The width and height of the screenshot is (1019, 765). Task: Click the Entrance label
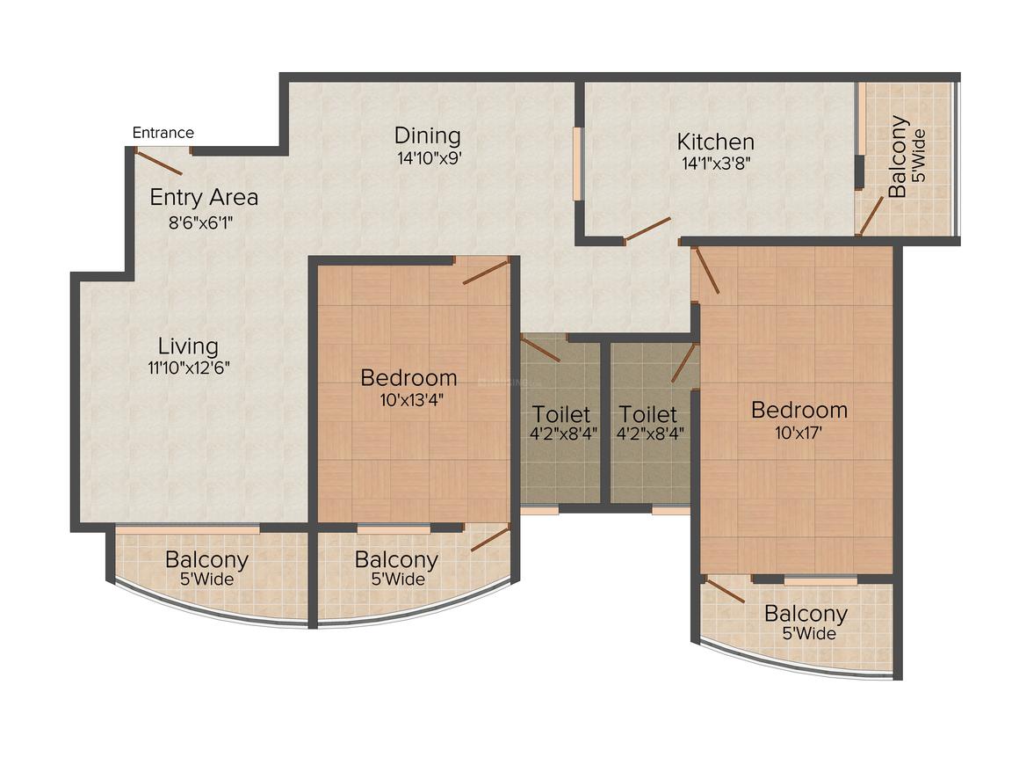[163, 133]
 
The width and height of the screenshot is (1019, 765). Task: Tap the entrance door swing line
[159, 163]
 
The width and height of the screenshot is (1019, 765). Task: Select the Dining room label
[427, 136]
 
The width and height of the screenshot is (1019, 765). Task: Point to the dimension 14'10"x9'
[427, 159]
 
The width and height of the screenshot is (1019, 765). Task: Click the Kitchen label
[715, 142]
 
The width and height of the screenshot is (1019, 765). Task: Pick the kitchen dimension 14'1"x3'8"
[715, 163]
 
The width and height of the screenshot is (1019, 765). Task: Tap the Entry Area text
[204, 197]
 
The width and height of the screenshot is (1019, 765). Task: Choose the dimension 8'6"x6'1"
[200, 222]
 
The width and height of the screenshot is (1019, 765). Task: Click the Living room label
[188, 346]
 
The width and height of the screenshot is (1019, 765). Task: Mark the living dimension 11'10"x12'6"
[188, 368]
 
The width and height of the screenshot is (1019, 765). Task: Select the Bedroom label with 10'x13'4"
[408, 378]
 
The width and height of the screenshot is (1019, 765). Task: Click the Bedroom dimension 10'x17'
[799, 433]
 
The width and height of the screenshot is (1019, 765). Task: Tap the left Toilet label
[560, 414]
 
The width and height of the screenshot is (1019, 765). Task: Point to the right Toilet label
[647, 414]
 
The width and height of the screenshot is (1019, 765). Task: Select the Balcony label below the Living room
[206, 559]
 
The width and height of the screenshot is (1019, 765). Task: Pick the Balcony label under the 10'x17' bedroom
[805, 614]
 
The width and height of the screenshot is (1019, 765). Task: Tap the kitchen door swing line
[648, 229]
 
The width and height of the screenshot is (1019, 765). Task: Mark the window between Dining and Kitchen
[577, 164]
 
